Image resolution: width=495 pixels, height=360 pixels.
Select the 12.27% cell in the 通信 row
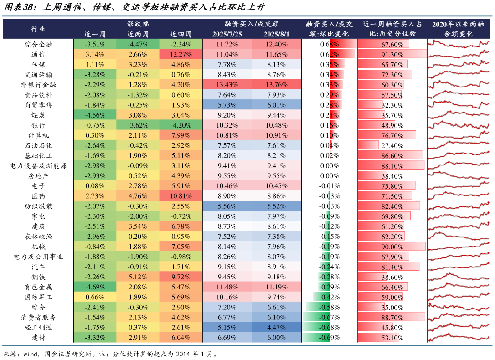(181, 54)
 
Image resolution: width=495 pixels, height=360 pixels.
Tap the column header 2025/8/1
(275, 34)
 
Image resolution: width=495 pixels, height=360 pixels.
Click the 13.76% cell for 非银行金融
(275, 85)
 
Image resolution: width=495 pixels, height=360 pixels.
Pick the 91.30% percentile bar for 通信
(392, 54)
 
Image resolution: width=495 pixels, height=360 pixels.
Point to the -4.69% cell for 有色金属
(95, 287)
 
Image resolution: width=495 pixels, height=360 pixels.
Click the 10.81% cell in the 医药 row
(181, 196)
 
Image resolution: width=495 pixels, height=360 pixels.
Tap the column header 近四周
(181, 34)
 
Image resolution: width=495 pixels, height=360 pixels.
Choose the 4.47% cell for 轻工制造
(275, 328)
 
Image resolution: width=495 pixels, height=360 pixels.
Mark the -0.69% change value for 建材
(329, 338)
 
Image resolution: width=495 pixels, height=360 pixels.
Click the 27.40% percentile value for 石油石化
(392, 145)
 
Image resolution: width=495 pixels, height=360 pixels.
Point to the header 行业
(38, 29)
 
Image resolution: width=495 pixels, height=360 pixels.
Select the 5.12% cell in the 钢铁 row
(138, 277)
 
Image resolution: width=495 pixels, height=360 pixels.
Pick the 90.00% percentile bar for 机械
(392, 247)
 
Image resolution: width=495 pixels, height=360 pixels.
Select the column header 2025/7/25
(225, 34)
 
